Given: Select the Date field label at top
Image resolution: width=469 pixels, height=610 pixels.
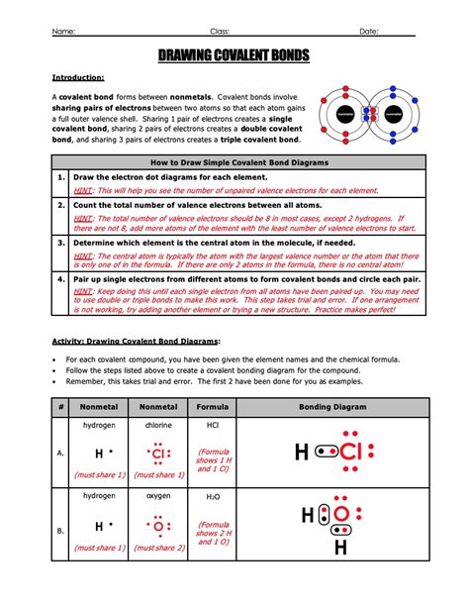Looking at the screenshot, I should point(368,31).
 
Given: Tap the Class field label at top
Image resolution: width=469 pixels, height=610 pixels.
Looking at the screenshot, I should point(221,31).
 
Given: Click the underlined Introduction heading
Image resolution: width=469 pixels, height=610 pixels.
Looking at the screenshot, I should point(78,77).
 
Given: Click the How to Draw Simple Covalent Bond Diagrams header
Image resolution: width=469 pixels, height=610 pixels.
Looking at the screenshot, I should point(234,160).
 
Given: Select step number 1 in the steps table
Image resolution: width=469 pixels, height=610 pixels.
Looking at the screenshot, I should point(61,176).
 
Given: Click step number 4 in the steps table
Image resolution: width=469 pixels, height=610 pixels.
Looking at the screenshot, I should point(61,278).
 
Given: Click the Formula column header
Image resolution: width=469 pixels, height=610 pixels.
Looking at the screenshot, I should point(213,407).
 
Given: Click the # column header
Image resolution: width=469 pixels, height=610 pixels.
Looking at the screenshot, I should point(61,407).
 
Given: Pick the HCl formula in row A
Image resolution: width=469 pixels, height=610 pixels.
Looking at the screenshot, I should point(213,425).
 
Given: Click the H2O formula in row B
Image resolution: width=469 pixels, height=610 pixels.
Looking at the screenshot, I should point(213,495).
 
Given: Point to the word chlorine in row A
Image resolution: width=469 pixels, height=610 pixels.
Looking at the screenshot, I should point(157,425).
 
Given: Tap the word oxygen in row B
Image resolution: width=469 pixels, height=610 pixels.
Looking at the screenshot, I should point(157,495).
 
